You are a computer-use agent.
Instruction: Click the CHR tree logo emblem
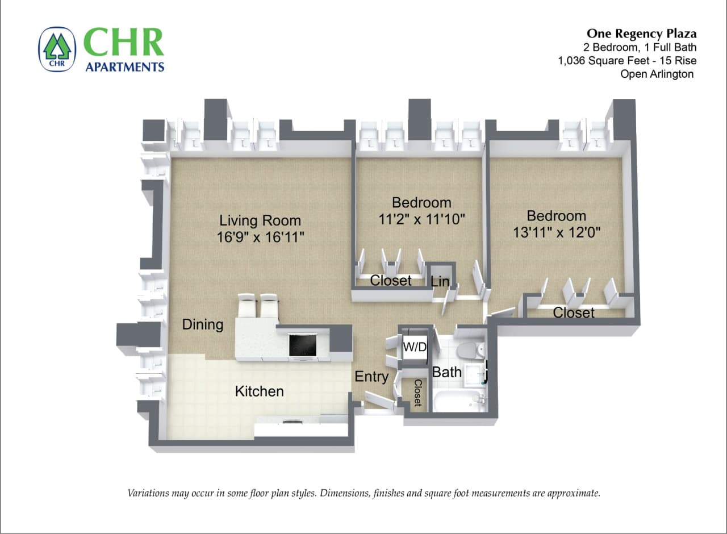57,49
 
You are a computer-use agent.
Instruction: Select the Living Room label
260,220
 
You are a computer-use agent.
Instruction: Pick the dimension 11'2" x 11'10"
421,219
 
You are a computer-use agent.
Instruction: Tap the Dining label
203,324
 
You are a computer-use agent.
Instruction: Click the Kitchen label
259,391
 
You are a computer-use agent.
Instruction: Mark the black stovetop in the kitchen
303,345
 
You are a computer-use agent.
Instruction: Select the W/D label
414,347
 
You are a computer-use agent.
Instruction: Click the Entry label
371,376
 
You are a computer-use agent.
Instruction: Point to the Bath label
447,373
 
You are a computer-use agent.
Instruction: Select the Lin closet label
440,281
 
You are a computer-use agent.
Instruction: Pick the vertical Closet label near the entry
417,393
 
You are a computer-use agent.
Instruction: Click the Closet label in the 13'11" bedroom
574,312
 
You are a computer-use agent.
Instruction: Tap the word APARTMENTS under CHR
124,67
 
